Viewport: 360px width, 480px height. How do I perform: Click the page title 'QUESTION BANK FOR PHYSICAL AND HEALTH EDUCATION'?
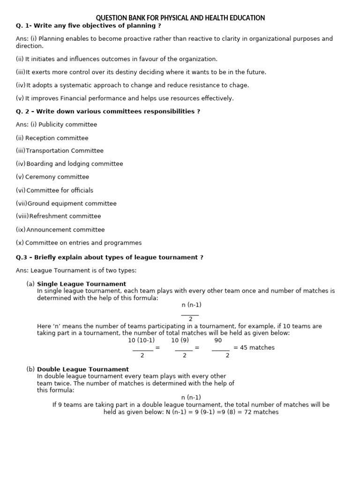coord(180,18)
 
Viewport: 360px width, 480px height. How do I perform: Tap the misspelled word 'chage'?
coord(239,85)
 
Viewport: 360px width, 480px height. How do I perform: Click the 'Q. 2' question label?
coord(22,112)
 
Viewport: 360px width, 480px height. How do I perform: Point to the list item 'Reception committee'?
coord(57,138)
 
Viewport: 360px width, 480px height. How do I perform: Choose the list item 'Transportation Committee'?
coord(65,151)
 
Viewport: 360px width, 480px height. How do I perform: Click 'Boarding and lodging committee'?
coord(75,164)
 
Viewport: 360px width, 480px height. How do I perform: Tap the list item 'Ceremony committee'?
coord(57,177)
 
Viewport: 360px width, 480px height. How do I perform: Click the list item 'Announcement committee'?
coord(66,230)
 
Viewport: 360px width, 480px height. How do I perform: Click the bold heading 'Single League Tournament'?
coord(82,284)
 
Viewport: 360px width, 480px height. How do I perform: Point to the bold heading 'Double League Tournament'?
coord(83,369)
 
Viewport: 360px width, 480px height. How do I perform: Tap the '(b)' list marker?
coord(30,369)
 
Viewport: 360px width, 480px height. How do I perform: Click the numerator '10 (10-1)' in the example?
coord(141,340)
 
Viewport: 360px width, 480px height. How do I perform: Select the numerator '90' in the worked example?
coord(218,340)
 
